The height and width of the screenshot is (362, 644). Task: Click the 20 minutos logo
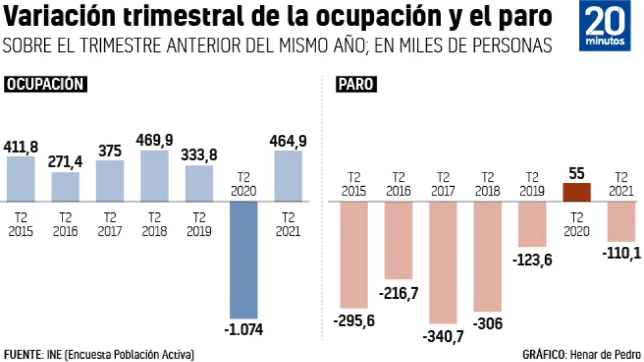(x=604, y=27)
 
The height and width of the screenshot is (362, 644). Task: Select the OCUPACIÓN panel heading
(x=46, y=84)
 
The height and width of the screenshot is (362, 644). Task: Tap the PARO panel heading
(x=355, y=85)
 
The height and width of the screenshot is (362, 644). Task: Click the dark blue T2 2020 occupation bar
(x=243, y=260)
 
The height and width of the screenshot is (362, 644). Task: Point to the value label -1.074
(x=243, y=329)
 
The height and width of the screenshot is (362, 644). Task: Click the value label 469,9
(x=155, y=139)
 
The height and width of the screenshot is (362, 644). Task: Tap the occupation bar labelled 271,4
(x=65, y=186)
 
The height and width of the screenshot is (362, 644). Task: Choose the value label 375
(x=110, y=150)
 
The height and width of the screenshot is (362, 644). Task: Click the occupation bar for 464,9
(x=288, y=176)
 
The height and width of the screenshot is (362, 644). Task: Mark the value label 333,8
(x=199, y=155)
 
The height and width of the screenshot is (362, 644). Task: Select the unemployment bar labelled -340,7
(x=443, y=262)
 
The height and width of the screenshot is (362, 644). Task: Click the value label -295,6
(x=354, y=321)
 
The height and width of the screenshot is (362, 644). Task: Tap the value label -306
(x=487, y=324)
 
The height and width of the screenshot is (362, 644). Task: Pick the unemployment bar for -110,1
(x=621, y=221)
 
